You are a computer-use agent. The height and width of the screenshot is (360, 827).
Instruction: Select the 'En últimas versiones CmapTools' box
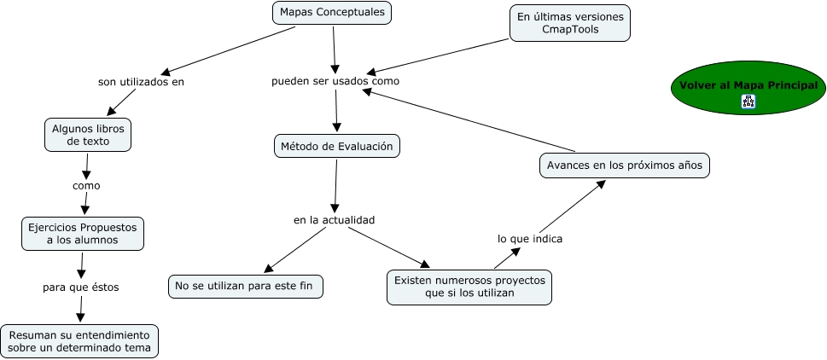(570, 23)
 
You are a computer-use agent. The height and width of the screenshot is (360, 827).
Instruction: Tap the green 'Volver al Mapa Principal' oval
(748, 85)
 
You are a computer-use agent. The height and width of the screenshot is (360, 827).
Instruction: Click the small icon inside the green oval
(748, 102)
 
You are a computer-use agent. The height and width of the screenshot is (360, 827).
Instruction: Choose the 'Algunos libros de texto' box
(88, 135)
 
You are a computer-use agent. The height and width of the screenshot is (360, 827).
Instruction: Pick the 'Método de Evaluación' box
(337, 146)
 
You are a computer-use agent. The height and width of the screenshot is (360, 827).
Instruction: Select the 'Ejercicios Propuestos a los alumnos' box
(83, 234)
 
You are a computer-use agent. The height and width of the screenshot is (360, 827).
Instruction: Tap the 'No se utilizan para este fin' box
(246, 286)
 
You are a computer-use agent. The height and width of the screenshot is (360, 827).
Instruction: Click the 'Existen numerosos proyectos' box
(469, 287)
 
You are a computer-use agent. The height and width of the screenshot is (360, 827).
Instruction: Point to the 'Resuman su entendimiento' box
(79, 340)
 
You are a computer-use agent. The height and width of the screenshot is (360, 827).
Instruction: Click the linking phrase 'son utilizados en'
(141, 83)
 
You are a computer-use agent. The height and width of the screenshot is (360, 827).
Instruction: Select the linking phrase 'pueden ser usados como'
(335, 81)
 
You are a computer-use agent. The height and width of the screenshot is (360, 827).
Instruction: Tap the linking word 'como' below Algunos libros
(86, 185)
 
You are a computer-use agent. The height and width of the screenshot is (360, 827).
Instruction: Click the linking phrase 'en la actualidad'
(335, 220)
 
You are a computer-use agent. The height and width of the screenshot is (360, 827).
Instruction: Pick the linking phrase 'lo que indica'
(530, 239)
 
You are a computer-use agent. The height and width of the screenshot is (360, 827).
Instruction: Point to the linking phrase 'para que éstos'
(81, 287)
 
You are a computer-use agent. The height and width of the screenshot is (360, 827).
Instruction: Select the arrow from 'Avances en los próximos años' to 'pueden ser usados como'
(469, 119)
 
